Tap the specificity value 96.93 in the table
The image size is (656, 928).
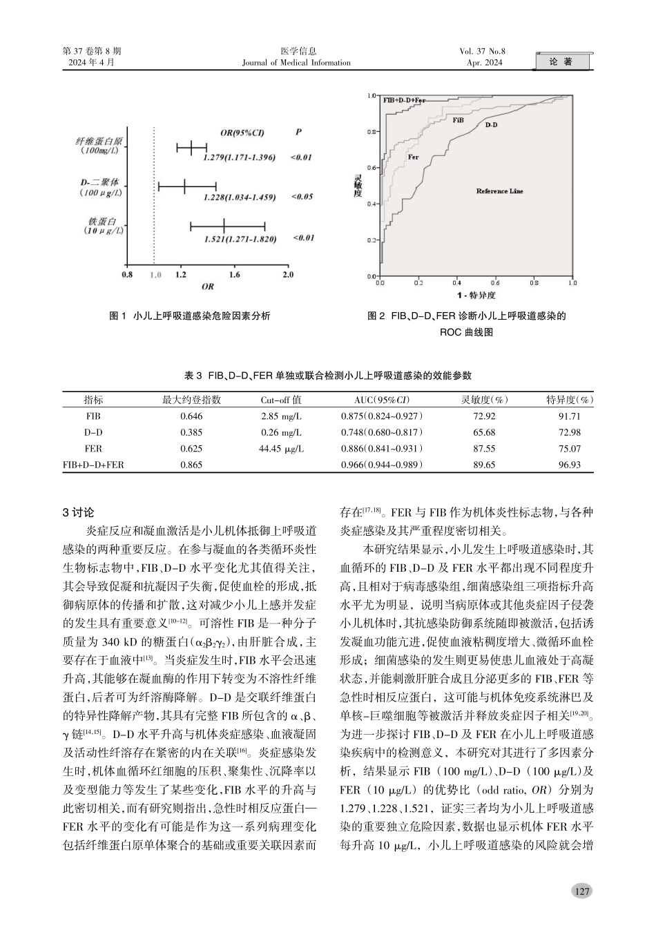569,465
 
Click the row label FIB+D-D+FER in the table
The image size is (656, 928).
93,465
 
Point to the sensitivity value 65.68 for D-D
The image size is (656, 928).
484,432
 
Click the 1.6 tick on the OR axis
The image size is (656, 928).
234,275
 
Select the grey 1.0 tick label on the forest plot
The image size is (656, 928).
155,275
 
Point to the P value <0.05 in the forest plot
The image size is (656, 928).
302,197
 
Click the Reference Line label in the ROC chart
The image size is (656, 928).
499,191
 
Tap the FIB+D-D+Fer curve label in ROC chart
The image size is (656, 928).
404,100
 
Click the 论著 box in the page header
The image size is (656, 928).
563,62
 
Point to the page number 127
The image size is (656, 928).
582,891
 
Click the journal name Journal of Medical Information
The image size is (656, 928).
296,63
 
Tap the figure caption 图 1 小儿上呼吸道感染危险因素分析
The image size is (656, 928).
190,316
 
